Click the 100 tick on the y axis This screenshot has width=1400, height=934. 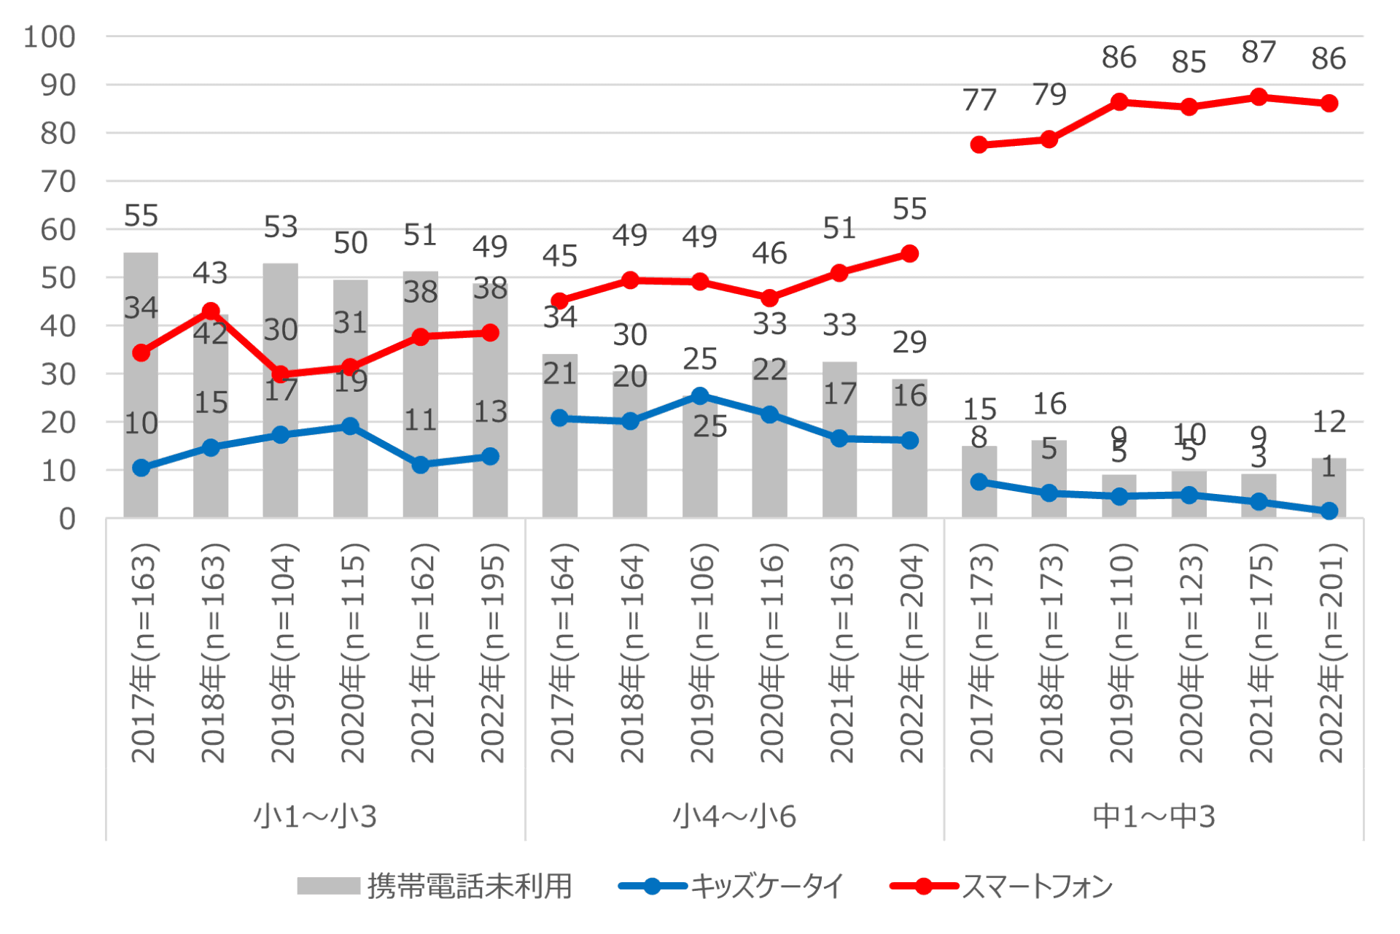tap(49, 37)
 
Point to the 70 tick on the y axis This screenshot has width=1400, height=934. tap(58, 182)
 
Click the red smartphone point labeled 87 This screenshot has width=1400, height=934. tap(1259, 97)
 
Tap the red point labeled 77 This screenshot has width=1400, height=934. tap(979, 144)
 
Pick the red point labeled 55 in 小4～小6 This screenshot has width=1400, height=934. tap(909, 254)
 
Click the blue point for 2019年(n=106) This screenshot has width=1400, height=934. tap(699, 396)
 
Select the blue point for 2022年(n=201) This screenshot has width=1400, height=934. tap(1329, 511)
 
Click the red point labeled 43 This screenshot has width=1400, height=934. tap(211, 312)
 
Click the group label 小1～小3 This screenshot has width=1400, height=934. tap(315, 817)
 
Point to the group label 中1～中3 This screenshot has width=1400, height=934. tap(1154, 817)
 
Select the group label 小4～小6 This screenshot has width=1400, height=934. tap(734, 817)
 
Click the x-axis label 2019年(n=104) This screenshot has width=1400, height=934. tap(281, 653)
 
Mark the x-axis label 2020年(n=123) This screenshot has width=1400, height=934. tap(1190, 653)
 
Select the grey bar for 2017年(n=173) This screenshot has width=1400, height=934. tap(979, 482)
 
